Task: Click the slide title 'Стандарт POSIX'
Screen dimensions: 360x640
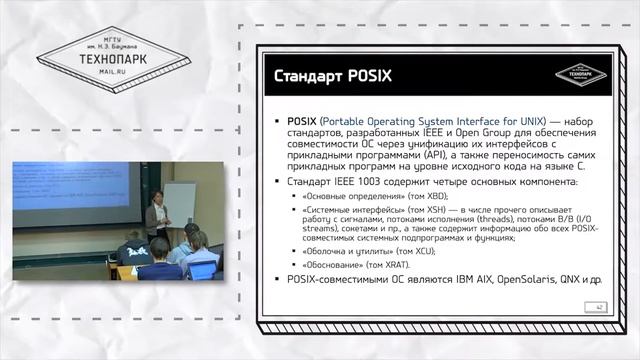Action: (329, 77)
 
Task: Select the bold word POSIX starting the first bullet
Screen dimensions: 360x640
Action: (302, 121)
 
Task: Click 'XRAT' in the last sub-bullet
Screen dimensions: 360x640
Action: (393, 267)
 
